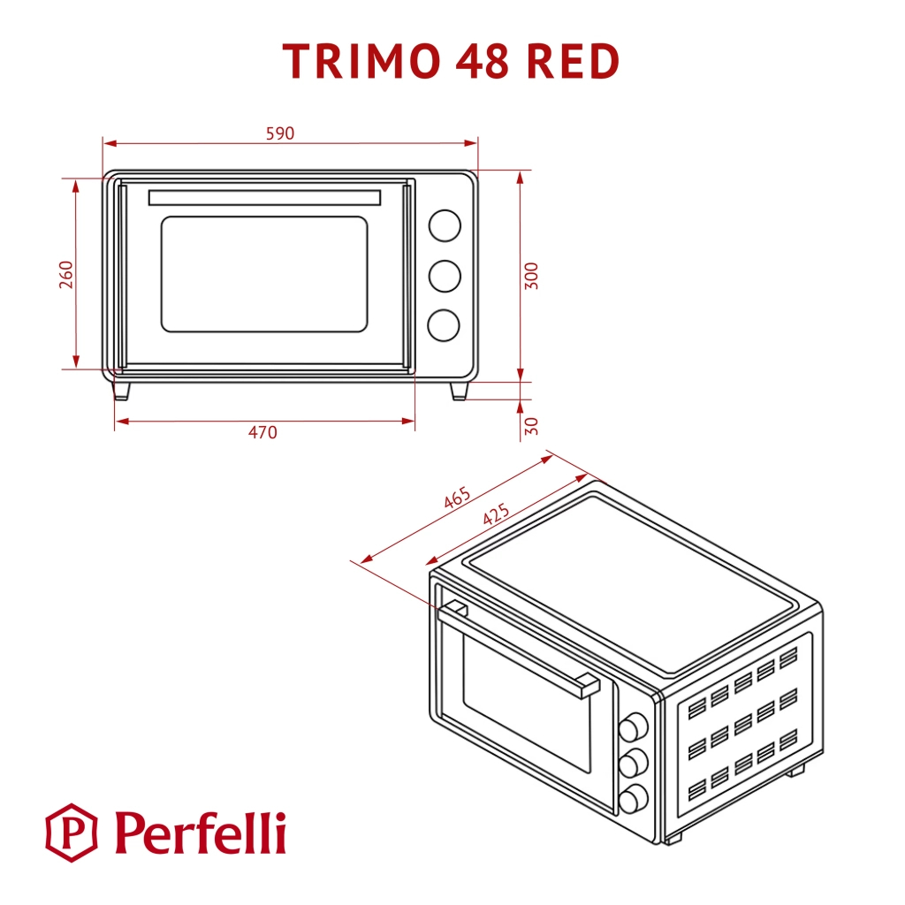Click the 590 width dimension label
pyautogui.click(x=279, y=133)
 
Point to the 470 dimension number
pyautogui.click(x=262, y=432)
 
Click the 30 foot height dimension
pyautogui.click(x=531, y=426)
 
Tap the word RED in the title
pyautogui.click(x=574, y=62)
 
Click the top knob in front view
pyautogui.click(x=445, y=225)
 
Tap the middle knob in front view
pyautogui.click(x=445, y=276)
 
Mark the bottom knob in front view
pyautogui.click(x=445, y=325)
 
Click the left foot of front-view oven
pyautogui.click(x=121, y=390)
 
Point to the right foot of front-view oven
pyautogui.click(x=459, y=390)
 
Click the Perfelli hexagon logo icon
pyautogui.click(x=72, y=833)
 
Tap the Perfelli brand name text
pyautogui.click(x=200, y=833)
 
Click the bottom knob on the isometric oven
pyautogui.click(x=632, y=800)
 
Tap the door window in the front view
pyautogui.click(x=263, y=274)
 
